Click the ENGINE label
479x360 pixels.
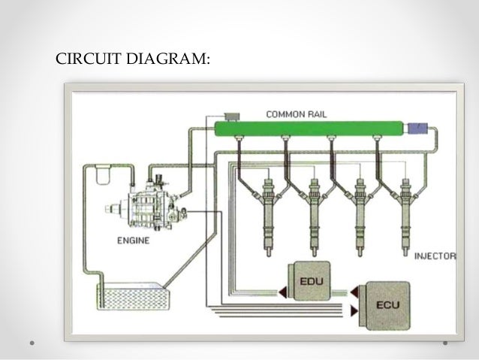tap(133, 241)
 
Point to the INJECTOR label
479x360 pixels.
tap(435, 256)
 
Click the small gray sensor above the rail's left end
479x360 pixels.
tap(231, 114)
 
